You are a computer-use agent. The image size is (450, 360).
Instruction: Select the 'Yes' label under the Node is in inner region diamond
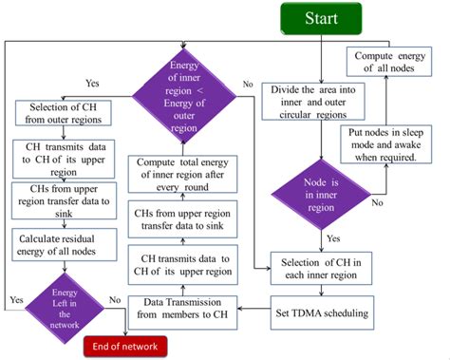332,238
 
